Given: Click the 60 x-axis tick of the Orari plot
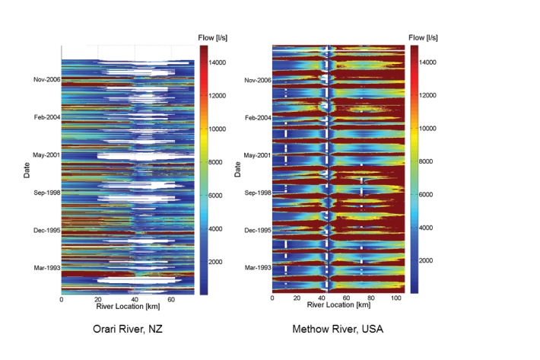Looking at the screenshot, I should click(172, 299).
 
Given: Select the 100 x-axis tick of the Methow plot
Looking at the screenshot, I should click(396, 299).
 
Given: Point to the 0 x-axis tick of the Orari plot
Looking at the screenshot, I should click(61, 299).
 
